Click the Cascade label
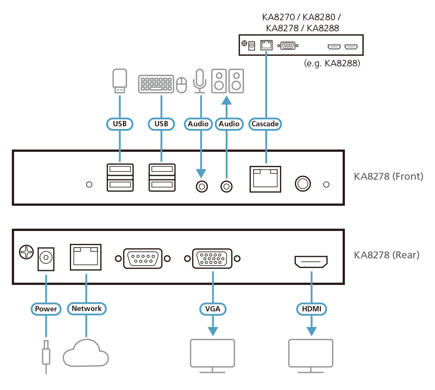point(265,124)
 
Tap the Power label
point(46,309)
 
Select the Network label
point(87,308)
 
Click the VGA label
point(213,309)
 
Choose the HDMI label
point(312,309)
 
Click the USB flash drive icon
point(120,81)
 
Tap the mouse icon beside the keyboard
point(182,85)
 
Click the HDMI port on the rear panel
point(311,262)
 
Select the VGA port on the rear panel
point(212,258)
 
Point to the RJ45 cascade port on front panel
point(265,179)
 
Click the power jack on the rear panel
point(46,259)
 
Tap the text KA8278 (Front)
point(388,177)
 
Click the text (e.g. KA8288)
point(332,63)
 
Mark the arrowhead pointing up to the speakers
point(227,100)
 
